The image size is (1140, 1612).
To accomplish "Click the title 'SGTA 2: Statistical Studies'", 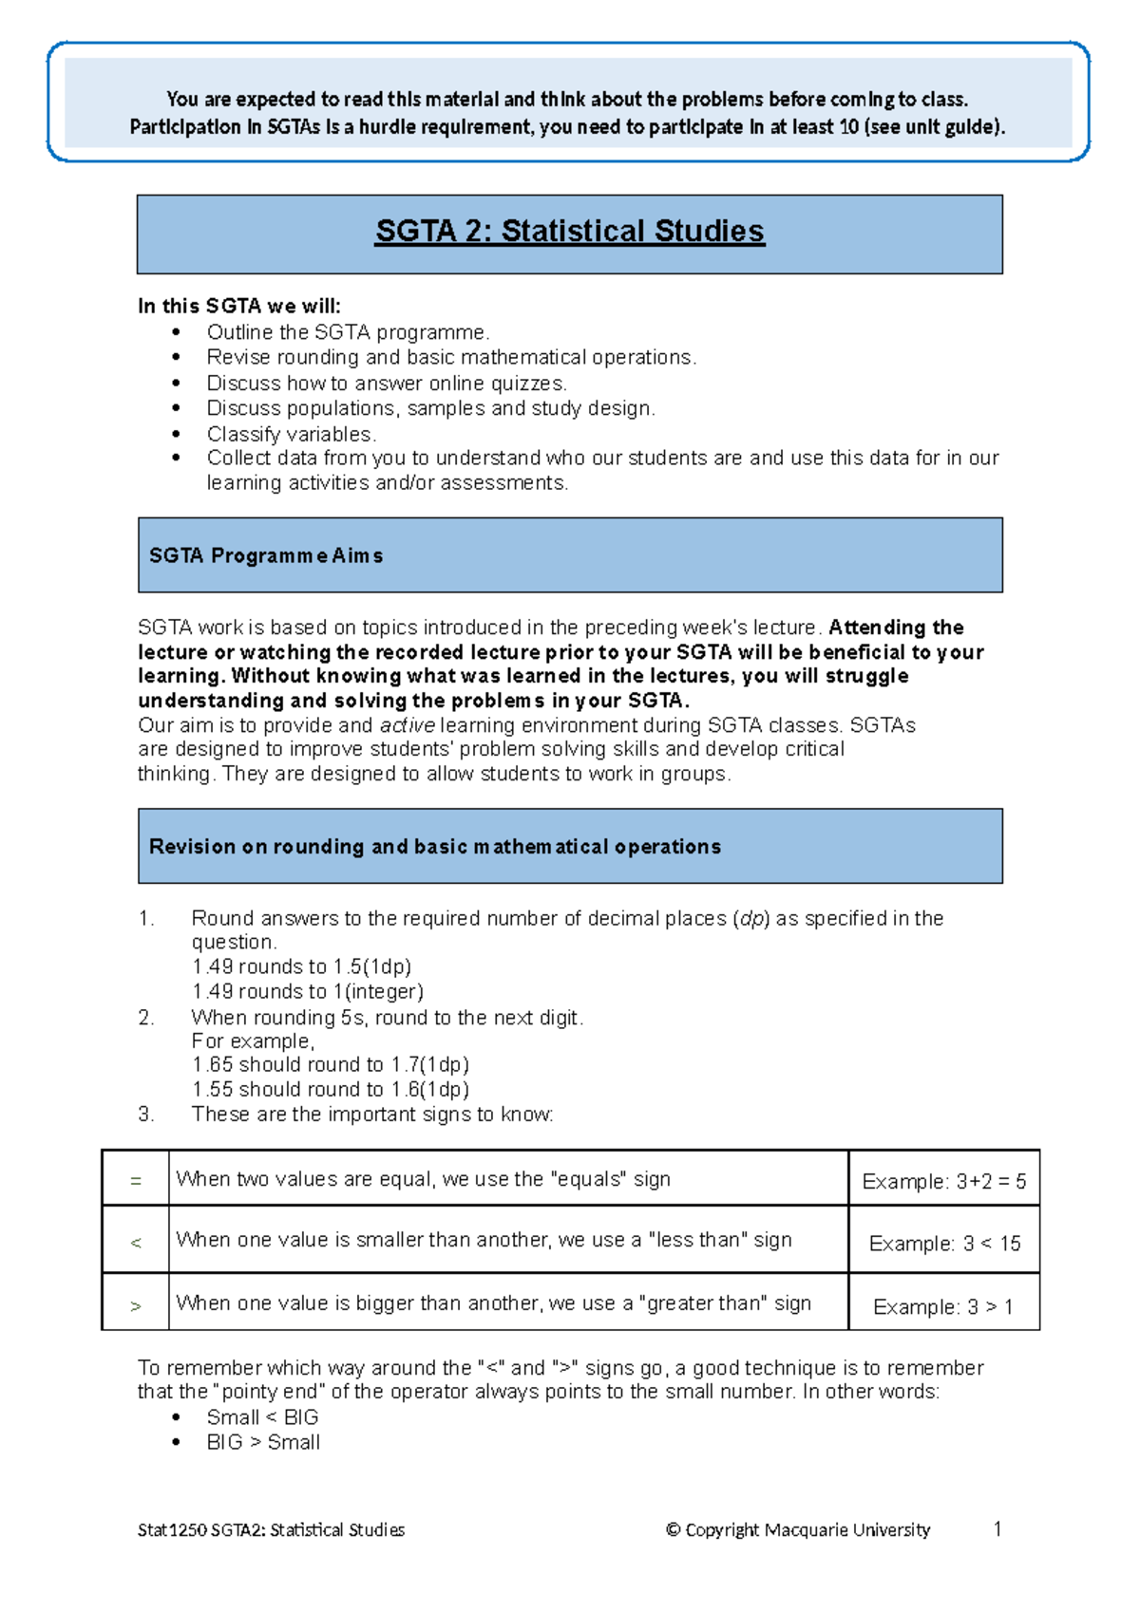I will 570,232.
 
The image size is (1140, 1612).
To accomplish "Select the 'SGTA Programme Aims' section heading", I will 266,556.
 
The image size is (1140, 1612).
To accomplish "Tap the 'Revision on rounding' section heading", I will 435,847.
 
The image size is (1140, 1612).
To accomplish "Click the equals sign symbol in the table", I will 136,1181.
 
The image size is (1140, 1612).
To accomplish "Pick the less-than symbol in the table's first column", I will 136,1243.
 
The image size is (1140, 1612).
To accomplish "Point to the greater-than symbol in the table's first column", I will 136,1306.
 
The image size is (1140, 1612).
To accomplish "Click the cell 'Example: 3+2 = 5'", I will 943,1182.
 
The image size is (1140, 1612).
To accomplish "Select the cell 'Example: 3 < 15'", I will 944,1244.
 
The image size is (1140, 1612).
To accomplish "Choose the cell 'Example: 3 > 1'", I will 942,1307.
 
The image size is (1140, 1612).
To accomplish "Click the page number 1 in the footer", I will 997,1528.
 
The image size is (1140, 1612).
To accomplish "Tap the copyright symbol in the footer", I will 674,1529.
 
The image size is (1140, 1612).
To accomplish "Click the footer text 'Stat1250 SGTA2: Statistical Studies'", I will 271,1530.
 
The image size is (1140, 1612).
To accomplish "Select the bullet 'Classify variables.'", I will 292,434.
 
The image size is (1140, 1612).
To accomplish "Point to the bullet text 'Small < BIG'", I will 262,1417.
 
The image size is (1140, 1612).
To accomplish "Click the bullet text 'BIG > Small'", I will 263,1442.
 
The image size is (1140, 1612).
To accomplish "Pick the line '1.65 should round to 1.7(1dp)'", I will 331,1065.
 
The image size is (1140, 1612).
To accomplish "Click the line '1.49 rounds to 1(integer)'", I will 308,992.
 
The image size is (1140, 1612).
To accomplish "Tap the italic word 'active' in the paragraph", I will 408,726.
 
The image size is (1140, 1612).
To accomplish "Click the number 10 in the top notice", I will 848,127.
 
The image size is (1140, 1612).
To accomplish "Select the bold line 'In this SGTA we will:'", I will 239,306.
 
